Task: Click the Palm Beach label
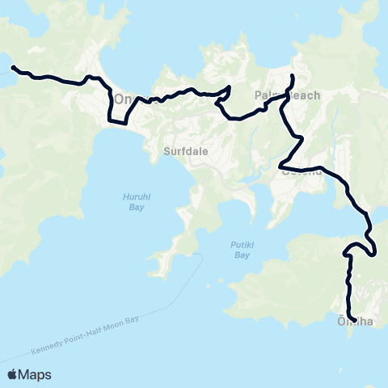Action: pyautogui.click(x=288, y=95)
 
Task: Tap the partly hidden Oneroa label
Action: pyautogui.click(x=123, y=99)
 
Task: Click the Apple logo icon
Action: pyautogui.click(x=14, y=374)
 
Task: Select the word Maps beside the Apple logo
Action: pyautogui.click(x=36, y=374)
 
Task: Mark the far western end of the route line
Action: pyautogui.click(x=12, y=68)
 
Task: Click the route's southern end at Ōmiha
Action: pyautogui.click(x=355, y=322)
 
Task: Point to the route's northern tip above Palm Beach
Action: pyautogui.click(x=291, y=77)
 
